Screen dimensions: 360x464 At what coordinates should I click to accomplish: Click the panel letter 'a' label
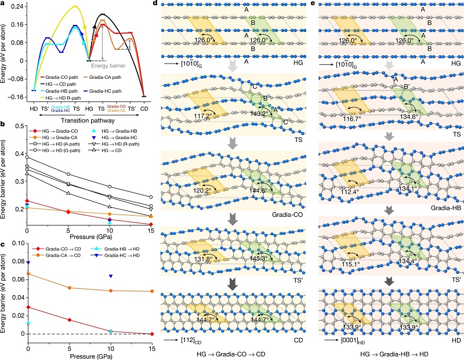[3, 5]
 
